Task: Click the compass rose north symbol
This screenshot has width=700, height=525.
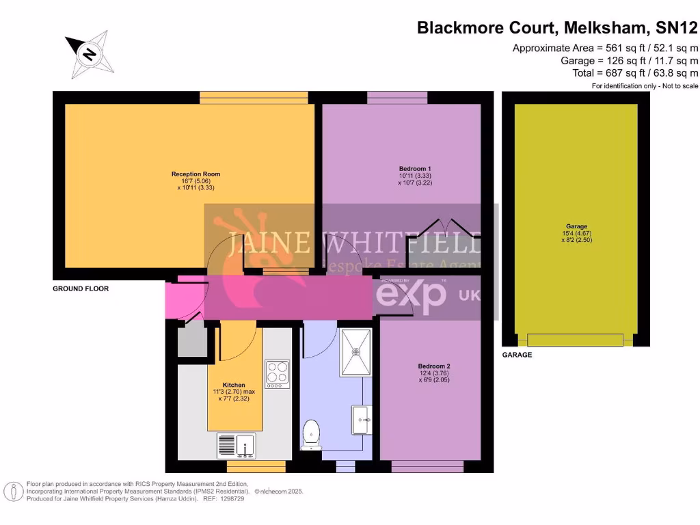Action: (x=89, y=53)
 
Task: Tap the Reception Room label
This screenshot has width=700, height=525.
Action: (x=196, y=174)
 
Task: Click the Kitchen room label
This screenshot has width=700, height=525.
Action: (x=234, y=385)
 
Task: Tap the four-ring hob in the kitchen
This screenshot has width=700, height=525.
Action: (x=277, y=374)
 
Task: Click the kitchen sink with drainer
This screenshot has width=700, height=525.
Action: (x=236, y=446)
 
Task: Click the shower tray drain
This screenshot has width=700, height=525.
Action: (x=355, y=353)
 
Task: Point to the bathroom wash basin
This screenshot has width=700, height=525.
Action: (x=362, y=419)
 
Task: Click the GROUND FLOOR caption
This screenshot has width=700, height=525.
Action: (x=81, y=289)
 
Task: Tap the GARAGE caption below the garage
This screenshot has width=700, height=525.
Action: (x=517, y=355)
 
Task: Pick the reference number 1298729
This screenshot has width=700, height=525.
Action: (x=230, y=499)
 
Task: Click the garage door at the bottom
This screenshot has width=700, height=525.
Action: (x=575, y=340)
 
